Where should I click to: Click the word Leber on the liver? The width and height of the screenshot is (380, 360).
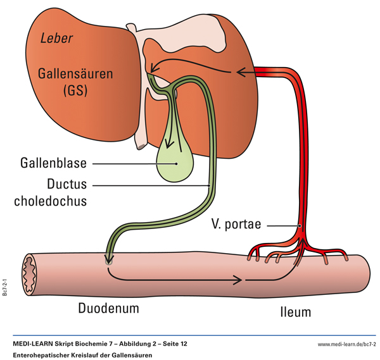point(56,39)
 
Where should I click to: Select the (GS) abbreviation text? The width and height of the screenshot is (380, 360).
point(73,91)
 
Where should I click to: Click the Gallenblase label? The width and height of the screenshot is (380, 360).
point(51,163)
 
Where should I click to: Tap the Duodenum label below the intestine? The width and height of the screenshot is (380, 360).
point(108,309)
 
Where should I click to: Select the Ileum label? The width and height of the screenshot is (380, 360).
point(294,312)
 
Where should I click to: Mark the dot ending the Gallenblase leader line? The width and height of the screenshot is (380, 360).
point(177,163)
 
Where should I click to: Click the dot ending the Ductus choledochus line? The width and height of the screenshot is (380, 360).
point(210,185)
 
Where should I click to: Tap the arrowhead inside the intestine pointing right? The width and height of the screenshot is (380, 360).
point(241,279)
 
